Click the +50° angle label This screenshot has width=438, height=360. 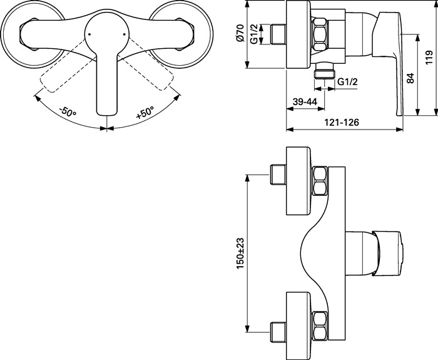[x=145, y=112]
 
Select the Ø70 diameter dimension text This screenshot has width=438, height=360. [x=240, y=33]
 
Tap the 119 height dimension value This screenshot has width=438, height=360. [x=429, y=58]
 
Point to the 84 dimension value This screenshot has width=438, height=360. [x=410, y=78]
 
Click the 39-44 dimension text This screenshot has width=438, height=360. [x=305, y=101]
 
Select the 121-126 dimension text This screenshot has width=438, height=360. [x=342, y=123]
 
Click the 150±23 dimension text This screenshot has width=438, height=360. [x=240, y=253]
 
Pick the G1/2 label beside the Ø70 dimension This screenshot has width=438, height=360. [x=254, y=34]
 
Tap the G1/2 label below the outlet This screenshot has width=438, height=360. [x=347, y=82]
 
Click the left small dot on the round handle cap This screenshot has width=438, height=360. [x=89, y=34]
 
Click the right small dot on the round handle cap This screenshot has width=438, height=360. [x=125, y=34]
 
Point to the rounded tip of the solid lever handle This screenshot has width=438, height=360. [x=107, y=114]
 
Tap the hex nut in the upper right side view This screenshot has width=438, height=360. [x=320, y=34]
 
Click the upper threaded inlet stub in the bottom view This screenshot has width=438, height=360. [x=278, y=175]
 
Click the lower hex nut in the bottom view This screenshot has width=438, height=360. [x=320, y=324]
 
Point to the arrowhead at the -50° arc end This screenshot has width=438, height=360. [x=37, y=98]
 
